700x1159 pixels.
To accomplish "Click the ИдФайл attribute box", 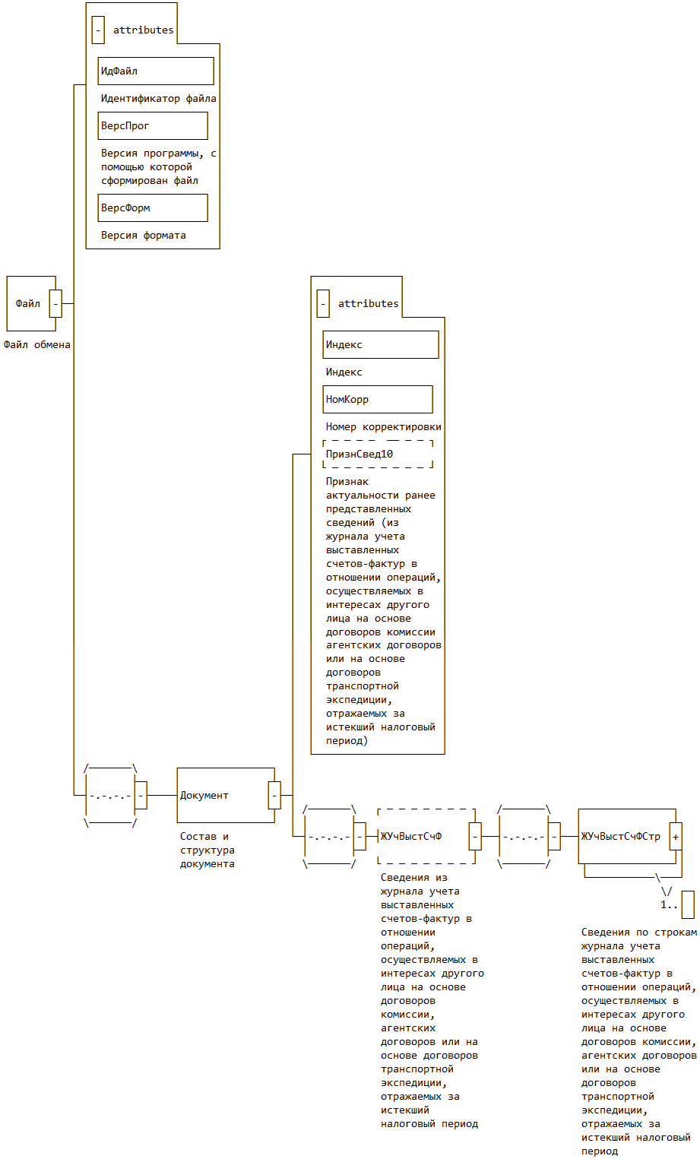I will click(156, 71).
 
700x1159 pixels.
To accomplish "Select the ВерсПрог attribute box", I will click(153, 125).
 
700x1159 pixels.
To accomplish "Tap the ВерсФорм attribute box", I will click(153, 207).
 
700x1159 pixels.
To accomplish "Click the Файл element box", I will click(28, 303).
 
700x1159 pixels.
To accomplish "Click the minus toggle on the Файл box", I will click(55, 303).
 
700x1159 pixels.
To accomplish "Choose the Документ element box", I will click(223, 795).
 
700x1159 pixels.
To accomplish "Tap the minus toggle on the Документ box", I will click(274, 795).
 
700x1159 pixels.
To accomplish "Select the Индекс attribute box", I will click(381, 344).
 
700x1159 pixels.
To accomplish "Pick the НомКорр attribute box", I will click(378, 399).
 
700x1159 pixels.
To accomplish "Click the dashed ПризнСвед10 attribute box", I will click(378, 454).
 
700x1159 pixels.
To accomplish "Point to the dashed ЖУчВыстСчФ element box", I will click(423, 836).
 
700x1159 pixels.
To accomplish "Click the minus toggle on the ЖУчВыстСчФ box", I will click(475, 836).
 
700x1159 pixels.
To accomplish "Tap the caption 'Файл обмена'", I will click(37, 344).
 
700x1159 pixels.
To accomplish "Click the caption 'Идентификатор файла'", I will click(159, 98).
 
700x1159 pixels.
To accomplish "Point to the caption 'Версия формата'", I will click(144, 235).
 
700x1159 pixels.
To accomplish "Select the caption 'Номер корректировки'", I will click(384, 426).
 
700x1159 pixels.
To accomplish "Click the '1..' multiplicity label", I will click(669, 905).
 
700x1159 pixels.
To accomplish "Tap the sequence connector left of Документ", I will click(110, 795).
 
